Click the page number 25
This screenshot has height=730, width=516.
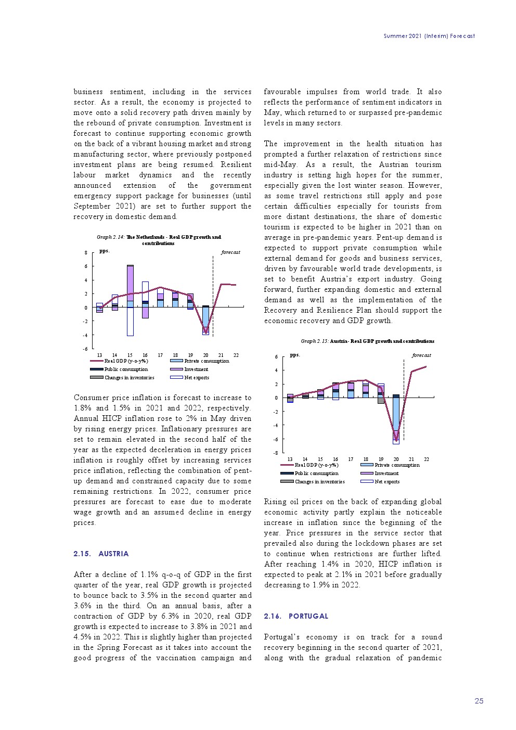(479, 701)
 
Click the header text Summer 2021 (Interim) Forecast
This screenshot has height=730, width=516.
(429, 36)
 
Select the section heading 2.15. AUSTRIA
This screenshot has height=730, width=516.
(101, 554)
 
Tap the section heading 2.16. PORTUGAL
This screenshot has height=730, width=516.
(296, 616)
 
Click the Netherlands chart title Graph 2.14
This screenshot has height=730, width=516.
(159, 240)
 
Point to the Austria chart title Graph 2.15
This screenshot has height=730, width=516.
(367, 341)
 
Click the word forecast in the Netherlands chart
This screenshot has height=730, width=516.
(230, 252)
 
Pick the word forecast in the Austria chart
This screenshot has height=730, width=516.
(421, 355)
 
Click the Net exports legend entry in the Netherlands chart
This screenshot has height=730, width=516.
(196, 378)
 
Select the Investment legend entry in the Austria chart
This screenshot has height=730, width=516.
(386, 473)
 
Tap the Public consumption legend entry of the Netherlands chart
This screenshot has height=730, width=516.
(125, 369)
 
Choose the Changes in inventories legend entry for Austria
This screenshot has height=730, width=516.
(319, 482)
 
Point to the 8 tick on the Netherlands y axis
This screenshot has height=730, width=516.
(86, 253)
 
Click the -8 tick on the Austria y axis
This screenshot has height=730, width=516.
(276, 453)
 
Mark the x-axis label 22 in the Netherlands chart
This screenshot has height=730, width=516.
(236, 355)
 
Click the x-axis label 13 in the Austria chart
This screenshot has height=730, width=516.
(290, 459)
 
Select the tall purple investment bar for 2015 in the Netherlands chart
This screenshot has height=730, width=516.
(130, 283)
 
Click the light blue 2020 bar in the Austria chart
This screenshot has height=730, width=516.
(396, 419)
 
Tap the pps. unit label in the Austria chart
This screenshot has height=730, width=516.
(294, 355)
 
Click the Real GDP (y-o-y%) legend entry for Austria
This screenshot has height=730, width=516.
(316, 465)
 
